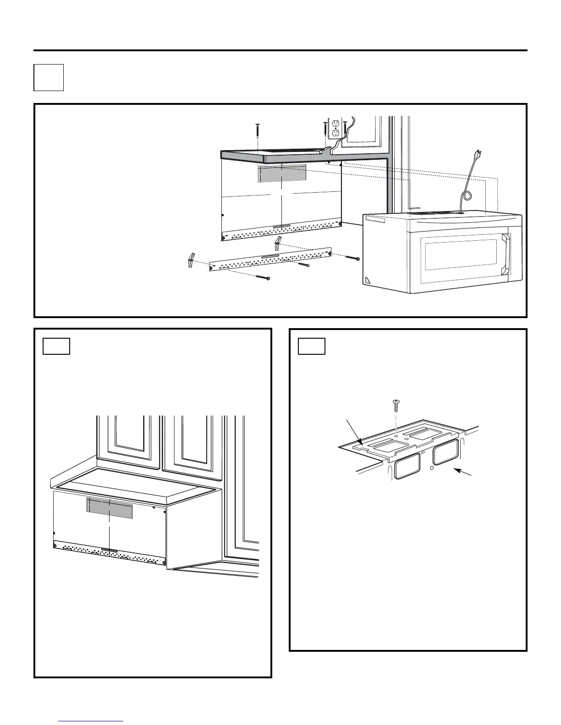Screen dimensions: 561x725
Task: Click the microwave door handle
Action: point(506,254)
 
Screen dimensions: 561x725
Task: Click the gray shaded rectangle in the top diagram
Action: point(282,173)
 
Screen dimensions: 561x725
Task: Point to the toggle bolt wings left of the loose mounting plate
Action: point(192,260)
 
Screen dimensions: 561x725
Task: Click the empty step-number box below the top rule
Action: point(49,77)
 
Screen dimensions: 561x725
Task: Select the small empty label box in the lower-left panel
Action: point(56,346)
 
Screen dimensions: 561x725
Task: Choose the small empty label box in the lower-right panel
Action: point(312,346)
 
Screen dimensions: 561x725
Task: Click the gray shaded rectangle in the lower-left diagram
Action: point(110,508)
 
